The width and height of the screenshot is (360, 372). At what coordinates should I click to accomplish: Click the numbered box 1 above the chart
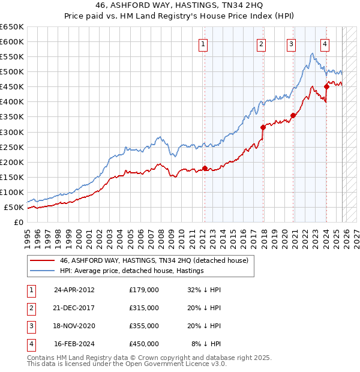[x=203, y=43]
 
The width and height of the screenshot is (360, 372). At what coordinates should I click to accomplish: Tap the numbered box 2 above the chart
[x=262, y=43]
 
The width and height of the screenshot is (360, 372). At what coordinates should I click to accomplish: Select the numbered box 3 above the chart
[x=291, y=43]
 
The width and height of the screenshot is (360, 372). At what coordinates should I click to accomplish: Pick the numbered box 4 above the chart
[x=325, y=43]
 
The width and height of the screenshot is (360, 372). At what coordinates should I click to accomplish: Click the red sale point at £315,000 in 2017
[x=263, y=127]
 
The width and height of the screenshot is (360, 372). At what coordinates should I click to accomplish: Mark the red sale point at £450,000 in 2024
[x=326, y=86]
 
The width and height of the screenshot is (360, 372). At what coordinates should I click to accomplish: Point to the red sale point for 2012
[x=205, y=168]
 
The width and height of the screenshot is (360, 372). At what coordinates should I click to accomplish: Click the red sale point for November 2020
[x=293, y=115]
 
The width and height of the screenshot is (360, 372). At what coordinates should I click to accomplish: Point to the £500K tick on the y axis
[x=12, y=71]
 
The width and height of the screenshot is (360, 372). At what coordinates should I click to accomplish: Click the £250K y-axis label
[x=12, y=147]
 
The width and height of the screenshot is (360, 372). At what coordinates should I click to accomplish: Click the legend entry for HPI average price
[x=131, y=271]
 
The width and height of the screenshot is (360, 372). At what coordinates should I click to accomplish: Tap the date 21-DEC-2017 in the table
[x=74, y=308]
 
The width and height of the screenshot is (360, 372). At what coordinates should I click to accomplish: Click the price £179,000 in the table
[x=144, y=290]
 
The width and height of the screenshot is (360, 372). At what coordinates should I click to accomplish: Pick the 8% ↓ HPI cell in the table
[x=206, y=344]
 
